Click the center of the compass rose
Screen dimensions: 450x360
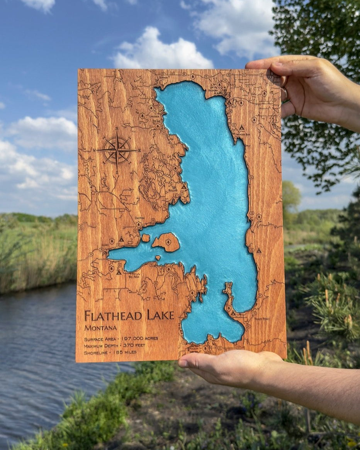(117, 150)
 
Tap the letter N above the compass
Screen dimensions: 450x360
(117, 129)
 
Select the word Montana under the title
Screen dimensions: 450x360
(100, 328)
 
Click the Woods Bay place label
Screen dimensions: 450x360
(243, 134)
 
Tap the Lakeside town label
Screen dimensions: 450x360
(154, 116)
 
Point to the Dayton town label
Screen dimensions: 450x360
(139, 218)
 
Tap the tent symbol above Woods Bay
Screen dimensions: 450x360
(241, 127)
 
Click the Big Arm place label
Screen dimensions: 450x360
(134, 276)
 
